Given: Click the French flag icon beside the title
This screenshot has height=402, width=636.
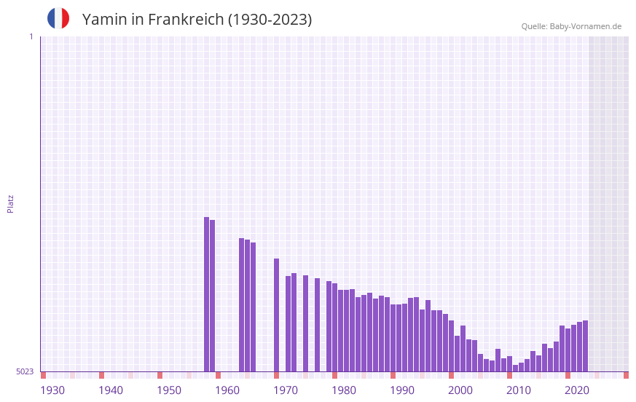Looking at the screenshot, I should (58, 18).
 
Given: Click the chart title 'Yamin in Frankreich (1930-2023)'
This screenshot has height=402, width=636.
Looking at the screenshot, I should (197, 20).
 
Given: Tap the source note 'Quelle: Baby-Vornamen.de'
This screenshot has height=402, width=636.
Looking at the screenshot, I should (571, 26).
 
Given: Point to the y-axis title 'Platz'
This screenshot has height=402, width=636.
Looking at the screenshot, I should (10, 203).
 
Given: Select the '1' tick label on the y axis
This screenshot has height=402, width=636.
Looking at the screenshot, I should (31, 36).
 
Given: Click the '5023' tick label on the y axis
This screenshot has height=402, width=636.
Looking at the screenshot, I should (25, 371).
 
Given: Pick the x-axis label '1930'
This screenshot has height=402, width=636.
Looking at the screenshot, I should (52, 390).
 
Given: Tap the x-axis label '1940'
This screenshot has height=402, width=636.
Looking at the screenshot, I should (111, 390).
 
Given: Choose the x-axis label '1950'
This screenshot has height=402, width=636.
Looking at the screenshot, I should (169, 390).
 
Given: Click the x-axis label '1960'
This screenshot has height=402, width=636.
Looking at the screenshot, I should (227, 390).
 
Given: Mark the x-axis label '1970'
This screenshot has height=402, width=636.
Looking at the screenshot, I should (286, 390).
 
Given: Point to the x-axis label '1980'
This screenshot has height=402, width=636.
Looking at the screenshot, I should (344, 390).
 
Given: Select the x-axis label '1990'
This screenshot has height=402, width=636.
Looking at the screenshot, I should (402, 390).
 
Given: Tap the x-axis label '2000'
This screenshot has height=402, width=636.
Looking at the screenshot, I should (460, 390).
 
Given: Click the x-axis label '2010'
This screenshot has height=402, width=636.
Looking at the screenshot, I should (519, 390).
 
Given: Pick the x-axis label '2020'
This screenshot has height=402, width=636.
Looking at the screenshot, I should (577, 390).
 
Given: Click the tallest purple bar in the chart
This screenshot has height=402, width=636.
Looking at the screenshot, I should (207, 294).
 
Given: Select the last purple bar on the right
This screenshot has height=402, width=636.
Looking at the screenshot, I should (585, 346).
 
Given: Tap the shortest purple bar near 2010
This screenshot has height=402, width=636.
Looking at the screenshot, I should (515, 368).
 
